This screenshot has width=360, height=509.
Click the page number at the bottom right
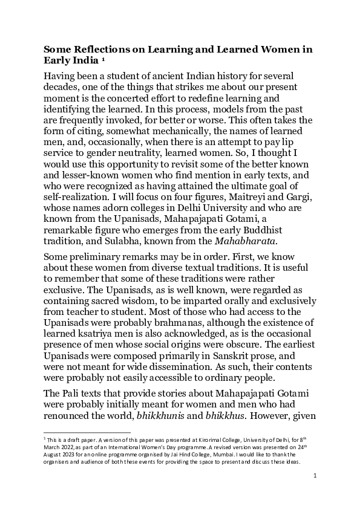pos(315,476)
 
